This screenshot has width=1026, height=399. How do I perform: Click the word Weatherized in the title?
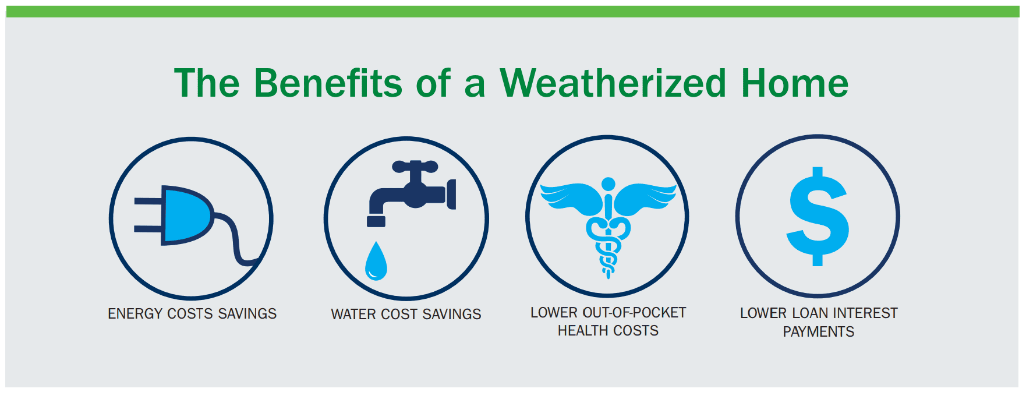pyautogui.click(x=613, y=83)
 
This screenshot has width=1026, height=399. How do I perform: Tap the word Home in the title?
pyautogui.click(x=795, y=83)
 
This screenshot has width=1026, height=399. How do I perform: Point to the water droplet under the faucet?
pyautogui.click(x=376, y=261)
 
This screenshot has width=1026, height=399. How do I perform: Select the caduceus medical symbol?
pyautogui.click(x=608, y=227)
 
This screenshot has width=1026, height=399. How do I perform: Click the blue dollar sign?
pyautogui.click(x=818, y=217)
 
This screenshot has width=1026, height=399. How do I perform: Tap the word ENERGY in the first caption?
pyautogui.click(x=135, y=314)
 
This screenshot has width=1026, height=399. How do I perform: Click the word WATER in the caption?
pyautogui.click(x=353, y=315)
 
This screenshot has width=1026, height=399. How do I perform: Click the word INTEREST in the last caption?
pyautogui.click(x=864, y=313)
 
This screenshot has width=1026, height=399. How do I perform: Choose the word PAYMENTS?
pyautogui.click(x=818, y=332)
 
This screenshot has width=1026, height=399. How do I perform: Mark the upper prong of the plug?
pyautogui.click(x=148, y=201)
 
